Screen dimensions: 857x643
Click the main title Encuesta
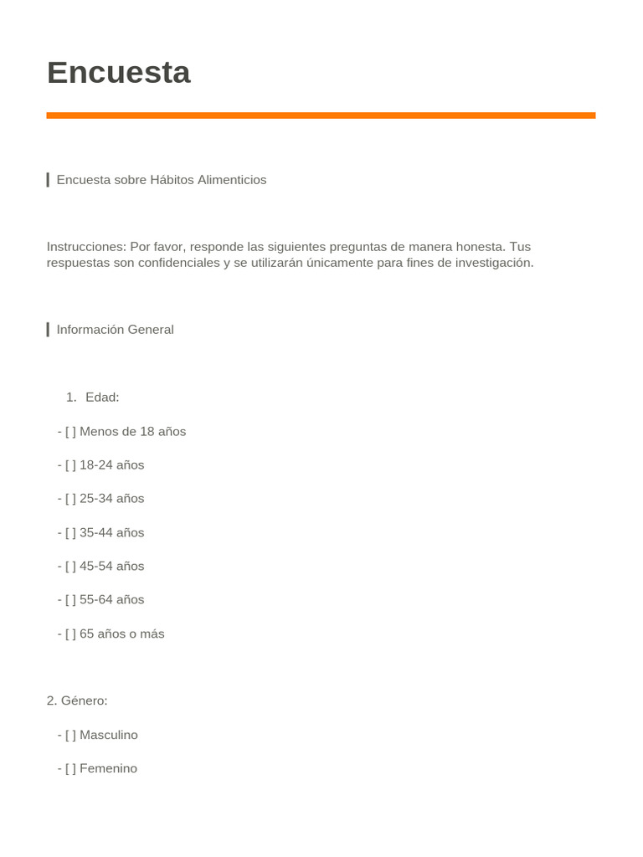pyautogui.click(x=119, y=73)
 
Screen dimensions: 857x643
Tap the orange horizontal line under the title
pyautogui.click(x=321, y=115)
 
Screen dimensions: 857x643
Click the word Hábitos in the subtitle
pyautogui.click(x=172, y=180)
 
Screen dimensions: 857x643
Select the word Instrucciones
pyautogui.click(x=85, y=247)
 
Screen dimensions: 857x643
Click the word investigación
pyautogui.click(x=492, y=263)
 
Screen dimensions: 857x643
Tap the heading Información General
pyautogui.click(x=115, y=330)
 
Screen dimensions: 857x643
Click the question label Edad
pyautogui.click(x=102, y=398)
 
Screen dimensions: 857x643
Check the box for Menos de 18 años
pyautogui.click(x=70, y=432)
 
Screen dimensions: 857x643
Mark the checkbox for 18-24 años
pyautogui.click(x=70, y=465)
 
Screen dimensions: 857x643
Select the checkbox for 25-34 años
pyautogui.click(x=70, y=499)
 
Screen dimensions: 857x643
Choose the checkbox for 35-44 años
pyautogui.click(x=70, y=533)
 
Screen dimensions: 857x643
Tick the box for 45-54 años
pyautogui.click(x=70, y=567)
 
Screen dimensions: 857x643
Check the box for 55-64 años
pyautogui.click(x=70, y=600)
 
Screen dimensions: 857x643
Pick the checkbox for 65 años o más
pyautogui.click(x=70, y=634)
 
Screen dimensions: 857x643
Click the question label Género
pyautogui.click(x=84, y=700)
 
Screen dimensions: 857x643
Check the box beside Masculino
pyautogui.click(x=70, y=735)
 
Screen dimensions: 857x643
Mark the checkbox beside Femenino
pyautogui.click(x=70, y=768)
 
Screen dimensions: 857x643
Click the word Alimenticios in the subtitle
pyautogui.click(x=232, y=180)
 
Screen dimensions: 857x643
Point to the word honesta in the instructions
pyautogui.click(x=481, y=247)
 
